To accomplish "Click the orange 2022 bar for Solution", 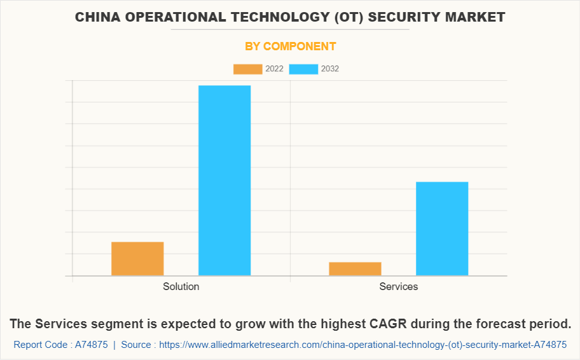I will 137,259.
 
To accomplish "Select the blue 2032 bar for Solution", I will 224,181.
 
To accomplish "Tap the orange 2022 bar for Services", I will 355,269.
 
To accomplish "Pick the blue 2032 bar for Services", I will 442,229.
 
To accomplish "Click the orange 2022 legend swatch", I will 247,69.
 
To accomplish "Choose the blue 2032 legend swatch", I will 303,69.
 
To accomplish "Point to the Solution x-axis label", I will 181,287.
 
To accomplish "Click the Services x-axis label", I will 399,287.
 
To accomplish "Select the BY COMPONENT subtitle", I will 290,46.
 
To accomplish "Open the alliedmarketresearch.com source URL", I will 362,345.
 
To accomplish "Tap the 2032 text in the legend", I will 330,69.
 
